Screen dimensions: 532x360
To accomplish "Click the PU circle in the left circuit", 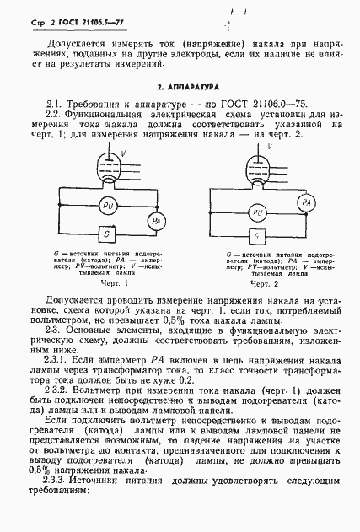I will click(x=109, y=206).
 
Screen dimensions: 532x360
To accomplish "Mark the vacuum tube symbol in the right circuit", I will click(x=253, y=161).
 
